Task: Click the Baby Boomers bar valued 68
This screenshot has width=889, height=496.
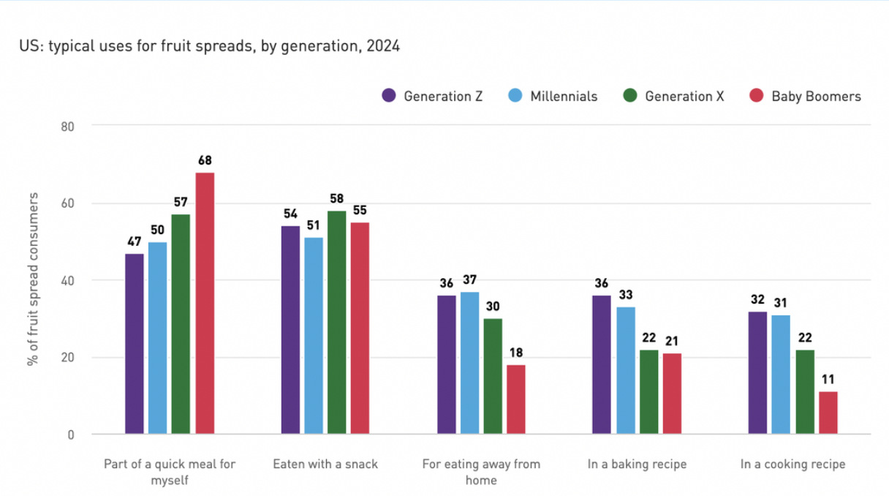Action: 205,304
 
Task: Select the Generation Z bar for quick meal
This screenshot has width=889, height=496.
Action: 135,344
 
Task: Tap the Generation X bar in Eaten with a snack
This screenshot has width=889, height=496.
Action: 337,323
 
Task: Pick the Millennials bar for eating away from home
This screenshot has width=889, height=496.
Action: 469,363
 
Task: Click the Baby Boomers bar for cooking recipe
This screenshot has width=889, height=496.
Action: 828,413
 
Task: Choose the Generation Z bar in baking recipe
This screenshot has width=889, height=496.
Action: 602,365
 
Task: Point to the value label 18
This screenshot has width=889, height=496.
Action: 516,353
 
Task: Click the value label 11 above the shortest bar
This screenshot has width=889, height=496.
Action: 828,380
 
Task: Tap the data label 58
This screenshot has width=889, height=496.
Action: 337,199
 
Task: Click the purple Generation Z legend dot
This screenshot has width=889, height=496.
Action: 389,97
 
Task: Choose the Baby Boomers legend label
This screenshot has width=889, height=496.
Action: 816,97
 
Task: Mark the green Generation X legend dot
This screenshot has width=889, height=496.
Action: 630,97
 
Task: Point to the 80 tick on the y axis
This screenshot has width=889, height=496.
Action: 67,126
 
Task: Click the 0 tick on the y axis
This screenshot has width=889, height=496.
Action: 71,435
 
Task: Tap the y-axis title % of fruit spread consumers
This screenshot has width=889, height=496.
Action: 33,280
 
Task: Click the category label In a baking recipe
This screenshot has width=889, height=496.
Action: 637,464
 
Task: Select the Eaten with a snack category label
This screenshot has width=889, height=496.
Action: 325,464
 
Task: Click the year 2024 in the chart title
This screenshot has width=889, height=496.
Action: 385,47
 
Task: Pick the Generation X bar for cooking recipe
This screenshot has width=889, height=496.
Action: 805,392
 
